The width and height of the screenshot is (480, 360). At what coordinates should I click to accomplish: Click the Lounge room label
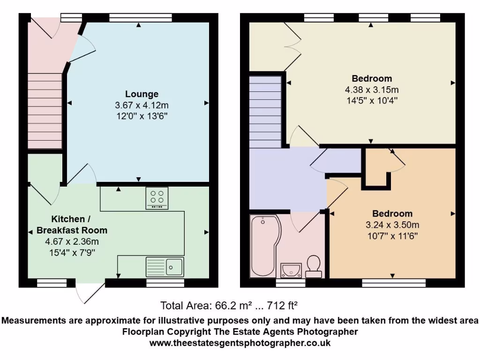click(141, 94)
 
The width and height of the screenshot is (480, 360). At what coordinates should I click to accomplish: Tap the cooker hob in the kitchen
click(157, 198)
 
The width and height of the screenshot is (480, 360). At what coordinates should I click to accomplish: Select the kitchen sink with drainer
click(165, 267)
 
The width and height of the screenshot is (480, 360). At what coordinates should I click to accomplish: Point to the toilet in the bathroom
click(313, 265)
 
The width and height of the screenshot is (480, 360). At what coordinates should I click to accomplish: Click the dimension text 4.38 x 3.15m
click(372, 90)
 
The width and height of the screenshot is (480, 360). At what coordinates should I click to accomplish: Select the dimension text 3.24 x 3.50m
click(392, 225)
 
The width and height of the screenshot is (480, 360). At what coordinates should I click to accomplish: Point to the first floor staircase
click(265, 112)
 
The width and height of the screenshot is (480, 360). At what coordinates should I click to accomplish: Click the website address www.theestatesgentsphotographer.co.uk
click(240, 343)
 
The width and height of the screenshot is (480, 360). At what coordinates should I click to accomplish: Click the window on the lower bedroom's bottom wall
click(394, 283)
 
